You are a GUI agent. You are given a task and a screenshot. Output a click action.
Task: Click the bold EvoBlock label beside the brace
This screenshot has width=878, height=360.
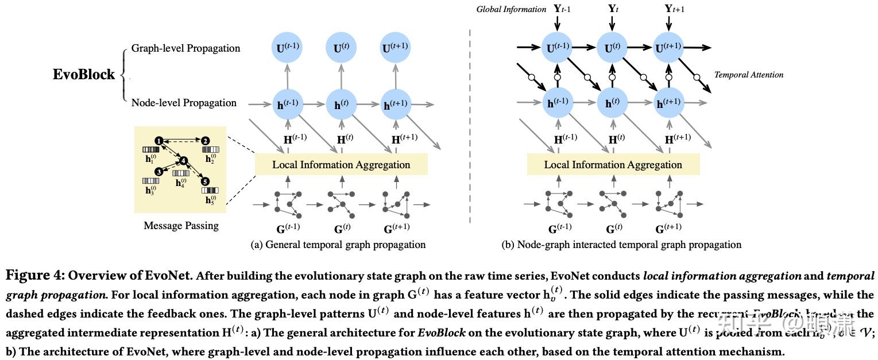(x=84, y=75)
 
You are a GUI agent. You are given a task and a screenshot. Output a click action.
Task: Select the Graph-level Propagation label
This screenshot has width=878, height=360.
(x=185, y=48)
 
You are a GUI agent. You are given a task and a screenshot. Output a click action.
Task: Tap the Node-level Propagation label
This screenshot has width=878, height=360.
(x=184, y=103)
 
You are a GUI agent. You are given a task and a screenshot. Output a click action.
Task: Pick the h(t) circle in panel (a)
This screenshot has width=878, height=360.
(x=342, y=104)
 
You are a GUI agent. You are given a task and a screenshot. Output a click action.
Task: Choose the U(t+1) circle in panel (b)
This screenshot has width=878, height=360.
(x=668, y=48)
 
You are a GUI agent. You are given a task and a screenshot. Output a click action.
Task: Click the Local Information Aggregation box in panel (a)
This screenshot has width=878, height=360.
(x=341, y=165)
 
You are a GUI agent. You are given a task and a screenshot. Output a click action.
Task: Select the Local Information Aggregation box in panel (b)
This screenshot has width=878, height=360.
(x=613, y=165)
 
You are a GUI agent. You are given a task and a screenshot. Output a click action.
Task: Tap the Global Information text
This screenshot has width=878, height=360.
(x=511, y=9)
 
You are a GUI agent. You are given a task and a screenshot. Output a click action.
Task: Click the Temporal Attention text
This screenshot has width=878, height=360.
(x=748, y=75)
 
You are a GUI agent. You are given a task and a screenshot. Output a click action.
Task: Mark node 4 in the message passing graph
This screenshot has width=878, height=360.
(x=184, y=161)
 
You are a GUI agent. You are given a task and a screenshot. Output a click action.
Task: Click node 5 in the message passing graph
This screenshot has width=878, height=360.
(x=206, y=181)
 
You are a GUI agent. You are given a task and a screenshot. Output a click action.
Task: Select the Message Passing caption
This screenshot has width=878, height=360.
(x=181, y=226)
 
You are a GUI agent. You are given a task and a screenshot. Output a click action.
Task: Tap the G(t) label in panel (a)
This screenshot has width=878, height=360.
(x=342, y=229)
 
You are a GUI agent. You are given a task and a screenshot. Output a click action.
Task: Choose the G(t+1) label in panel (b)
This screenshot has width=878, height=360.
(x=668, y=229)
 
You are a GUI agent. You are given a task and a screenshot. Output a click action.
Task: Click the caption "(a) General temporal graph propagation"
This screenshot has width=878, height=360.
(x=338, y=245)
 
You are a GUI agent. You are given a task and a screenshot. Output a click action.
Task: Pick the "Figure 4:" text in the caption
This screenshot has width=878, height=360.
(x=35, y=275)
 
